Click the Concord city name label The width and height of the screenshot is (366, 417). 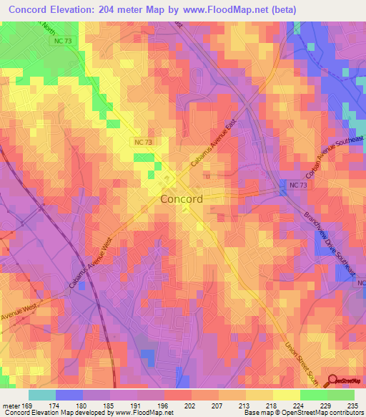[x=182, y=199]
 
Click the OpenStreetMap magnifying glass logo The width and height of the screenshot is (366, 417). [x=333, y=381]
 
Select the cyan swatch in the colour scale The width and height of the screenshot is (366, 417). [x=41, y=395]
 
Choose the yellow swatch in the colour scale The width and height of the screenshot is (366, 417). [x=286, y=395]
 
